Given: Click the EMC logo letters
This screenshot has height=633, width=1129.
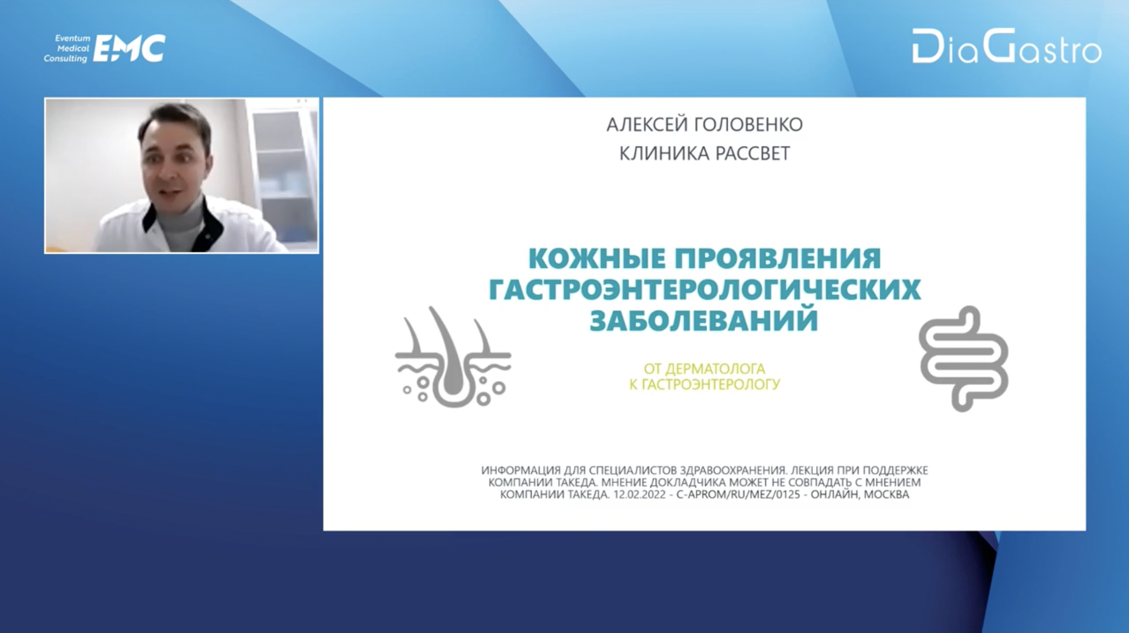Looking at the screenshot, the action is point(129,48).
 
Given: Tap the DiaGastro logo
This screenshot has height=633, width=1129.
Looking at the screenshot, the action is point(1007,46).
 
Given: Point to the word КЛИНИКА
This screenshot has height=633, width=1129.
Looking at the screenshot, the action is point(663,154).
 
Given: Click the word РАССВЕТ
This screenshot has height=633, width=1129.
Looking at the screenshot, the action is point(753,154).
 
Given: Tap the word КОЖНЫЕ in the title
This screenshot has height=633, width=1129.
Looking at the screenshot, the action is point(597,259).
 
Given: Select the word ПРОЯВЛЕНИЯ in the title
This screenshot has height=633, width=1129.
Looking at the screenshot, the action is point(778,259).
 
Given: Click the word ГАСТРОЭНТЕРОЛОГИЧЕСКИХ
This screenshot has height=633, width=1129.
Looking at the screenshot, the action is point(705,289).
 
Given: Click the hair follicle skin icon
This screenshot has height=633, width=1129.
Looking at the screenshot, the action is point(453,357).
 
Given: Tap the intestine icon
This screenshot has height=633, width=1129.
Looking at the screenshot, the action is point(963,359).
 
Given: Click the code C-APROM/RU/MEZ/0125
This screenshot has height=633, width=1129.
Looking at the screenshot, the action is point(738,495).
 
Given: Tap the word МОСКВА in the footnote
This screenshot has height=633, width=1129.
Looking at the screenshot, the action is point(886,495).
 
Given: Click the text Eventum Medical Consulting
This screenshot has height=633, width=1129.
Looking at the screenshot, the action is point(67,49).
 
